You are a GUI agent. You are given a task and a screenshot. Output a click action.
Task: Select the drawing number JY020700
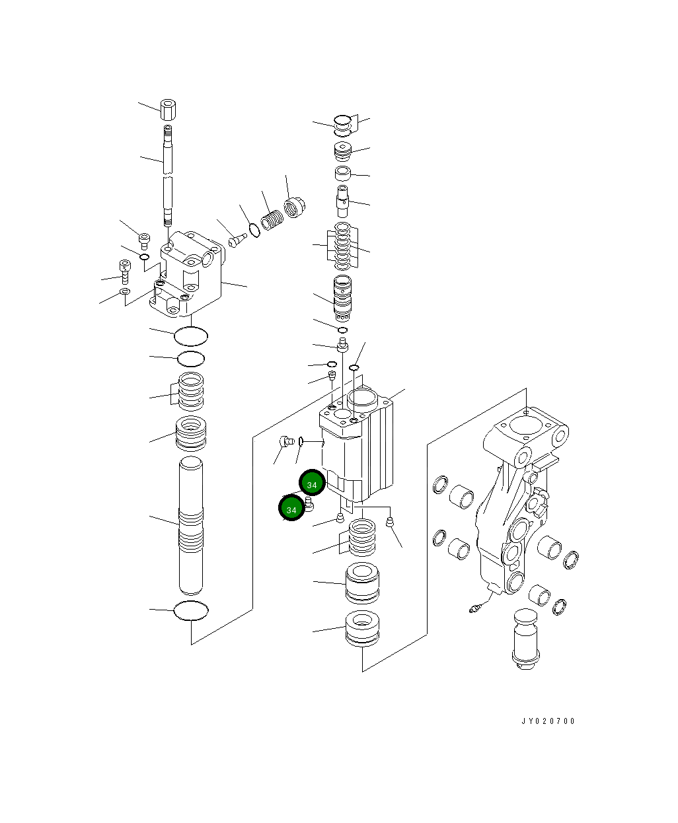pos(548,721)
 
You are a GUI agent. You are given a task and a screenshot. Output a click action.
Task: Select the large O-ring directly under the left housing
pos(191,336)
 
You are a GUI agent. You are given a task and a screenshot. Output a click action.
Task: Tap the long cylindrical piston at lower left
pos(192,525)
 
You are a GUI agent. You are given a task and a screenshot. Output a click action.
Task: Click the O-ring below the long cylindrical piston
pos(191,611)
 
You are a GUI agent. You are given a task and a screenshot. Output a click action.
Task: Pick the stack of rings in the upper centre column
pos(342,246)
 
